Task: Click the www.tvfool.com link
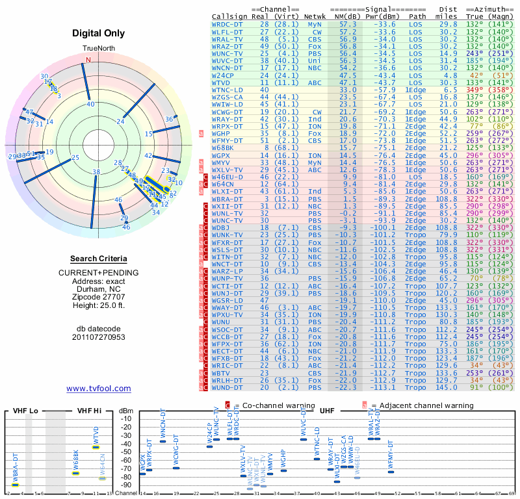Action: [x=99, y=389]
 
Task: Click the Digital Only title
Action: [x=99, y=33]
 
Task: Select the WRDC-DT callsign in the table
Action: [x=227, y=23]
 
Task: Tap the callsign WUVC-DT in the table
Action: [x=227, y=59]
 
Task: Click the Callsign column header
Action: [x=229, y=16]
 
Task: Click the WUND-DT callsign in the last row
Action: [x=227, y=387]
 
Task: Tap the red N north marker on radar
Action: [x=88, y=60]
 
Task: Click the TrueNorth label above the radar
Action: [x=99, y=49]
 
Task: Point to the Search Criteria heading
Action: [x=99, y=259]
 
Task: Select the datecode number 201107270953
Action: [x=99, y=337]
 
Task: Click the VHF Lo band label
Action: [x=25, y=411]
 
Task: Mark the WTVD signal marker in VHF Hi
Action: [x=96, y=447]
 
